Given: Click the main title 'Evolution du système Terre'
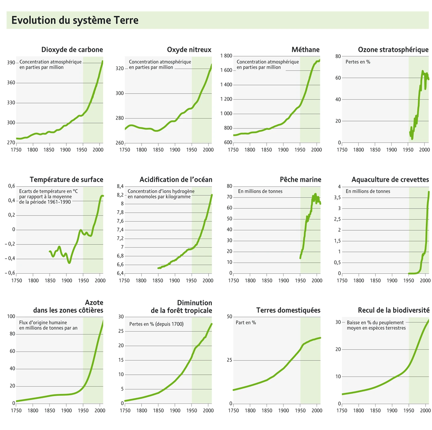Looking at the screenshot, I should point(75,20).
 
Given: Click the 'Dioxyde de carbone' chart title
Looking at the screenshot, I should point(72,50).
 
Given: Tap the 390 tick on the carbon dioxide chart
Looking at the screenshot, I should point(11,63).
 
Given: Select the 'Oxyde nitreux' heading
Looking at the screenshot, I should point(189,50).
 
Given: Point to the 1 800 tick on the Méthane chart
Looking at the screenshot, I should point(226,56).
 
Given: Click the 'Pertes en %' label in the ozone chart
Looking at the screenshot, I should point(358,62).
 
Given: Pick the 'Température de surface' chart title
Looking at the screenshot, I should point(66,179).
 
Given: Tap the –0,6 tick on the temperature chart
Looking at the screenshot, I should point(10,273).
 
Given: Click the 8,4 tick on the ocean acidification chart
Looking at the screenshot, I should point(120,186).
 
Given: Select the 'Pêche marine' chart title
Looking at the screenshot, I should point(300,179).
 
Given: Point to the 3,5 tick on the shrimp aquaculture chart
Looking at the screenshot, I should point(337,198).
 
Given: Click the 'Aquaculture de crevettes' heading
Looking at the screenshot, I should point(390,179).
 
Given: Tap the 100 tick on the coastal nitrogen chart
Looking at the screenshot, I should point(11,317).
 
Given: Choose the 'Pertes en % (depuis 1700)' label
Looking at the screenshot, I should point(156,324).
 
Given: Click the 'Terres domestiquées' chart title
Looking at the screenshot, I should point(288,310).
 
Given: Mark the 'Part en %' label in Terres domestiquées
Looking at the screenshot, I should point(246,323).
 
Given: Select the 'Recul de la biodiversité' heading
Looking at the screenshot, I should point(393,310).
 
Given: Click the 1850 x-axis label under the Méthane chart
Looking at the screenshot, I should point(266,150).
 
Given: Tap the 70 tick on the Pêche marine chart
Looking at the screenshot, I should point(229,197).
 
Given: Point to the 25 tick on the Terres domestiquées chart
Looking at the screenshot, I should point(229,360).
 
